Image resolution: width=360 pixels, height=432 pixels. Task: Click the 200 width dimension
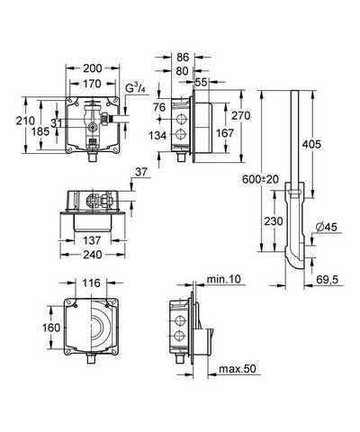(x=93, y=68)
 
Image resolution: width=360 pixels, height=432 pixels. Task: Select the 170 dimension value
(x=92, y=84)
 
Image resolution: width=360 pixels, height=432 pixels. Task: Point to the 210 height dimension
(x=25, y=121)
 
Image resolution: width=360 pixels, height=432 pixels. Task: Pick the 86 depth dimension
(x=183, y=57)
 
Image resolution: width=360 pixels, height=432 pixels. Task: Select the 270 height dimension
(x=240, y=115)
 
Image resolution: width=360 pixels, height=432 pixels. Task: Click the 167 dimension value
(x=225, y=133)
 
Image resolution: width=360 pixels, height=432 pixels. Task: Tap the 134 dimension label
(x=157, y=136)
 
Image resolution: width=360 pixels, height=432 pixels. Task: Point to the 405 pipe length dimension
(x=311, y=144)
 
